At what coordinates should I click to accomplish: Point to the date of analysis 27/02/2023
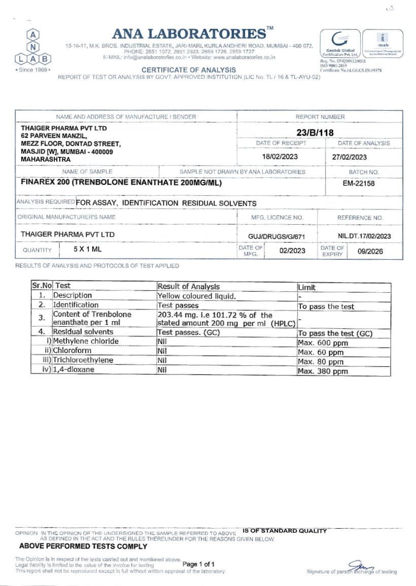tap(350, 157)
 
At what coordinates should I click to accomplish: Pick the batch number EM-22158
tap(359, 183)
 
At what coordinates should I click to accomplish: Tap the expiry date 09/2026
tap(370, 251)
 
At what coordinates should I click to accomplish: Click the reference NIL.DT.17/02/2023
tap(364, 236)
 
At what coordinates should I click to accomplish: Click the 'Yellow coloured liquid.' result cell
tap(197, 296)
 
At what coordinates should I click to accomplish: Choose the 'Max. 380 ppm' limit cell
tap(323, 371)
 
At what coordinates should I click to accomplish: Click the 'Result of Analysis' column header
tap(188, 287)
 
